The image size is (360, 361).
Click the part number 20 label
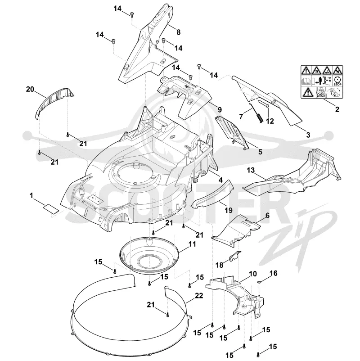pos(30,89)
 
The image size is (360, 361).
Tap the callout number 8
pos(179,32)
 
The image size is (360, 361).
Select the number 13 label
pos(251,170)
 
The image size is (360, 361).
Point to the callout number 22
pos(199,295)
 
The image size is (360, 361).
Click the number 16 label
pos(273,273)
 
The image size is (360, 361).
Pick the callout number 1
pos(31,196)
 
